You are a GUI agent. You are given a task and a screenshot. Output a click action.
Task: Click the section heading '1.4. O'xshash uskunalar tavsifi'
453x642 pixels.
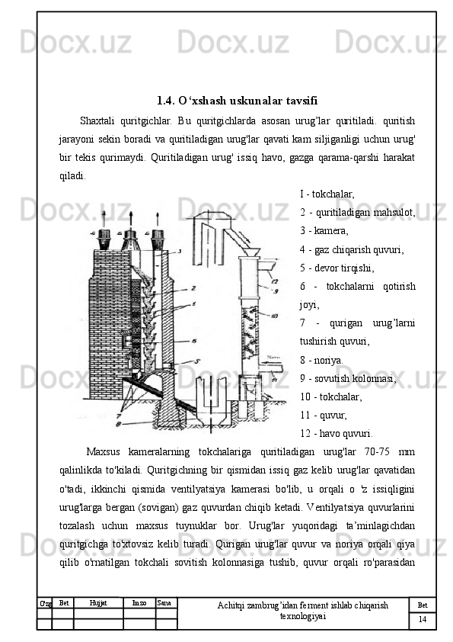pyautogui.click(x=237, y=101)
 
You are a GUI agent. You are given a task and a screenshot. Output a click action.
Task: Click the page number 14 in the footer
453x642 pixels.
pyautogui.click(x=423, y=619)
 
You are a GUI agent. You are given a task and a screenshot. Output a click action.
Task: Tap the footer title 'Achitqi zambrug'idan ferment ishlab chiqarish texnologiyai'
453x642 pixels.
pyautogui.click(x=302, y=611)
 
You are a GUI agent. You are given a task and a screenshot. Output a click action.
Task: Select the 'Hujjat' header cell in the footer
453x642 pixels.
pyautogui.click(x=98, y=602)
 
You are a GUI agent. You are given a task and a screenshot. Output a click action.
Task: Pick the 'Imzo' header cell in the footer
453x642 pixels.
pyautogui.click(x=139, y=602)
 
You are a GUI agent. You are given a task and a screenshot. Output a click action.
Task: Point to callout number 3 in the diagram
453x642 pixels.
pyautogui.click(x=180, y=252)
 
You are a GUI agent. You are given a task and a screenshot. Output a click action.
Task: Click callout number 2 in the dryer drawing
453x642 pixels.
pyautogui.click(x=193, y=288)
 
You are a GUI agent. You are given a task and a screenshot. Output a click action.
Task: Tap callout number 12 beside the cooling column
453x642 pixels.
pyautogui.click(x=275, y=281)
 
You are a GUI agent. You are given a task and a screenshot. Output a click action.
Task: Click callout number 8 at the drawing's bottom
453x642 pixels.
pyautogui.click(x=118, y=425)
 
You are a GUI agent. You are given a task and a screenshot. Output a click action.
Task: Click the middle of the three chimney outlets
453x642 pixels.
pyautogui.click(x=131, y=239)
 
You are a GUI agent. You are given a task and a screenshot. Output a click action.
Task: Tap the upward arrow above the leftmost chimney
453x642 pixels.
pyautogui.click(x=104, y=220)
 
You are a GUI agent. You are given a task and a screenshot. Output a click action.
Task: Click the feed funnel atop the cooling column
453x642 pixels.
pyautogui.click(x=248, y=252)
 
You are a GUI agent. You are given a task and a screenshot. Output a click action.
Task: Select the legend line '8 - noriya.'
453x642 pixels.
pyautogui.click(x=321, y=361)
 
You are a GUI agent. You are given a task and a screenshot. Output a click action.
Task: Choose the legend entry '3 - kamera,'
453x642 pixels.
pyautogui.click(x=324, y=230)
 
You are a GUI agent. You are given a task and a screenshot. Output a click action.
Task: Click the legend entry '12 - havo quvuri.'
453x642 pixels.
pyautogui.click(x=336, y=433)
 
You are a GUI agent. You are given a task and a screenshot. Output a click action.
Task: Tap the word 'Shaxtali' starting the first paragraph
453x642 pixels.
pyautogui.click(x=96, y=120)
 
